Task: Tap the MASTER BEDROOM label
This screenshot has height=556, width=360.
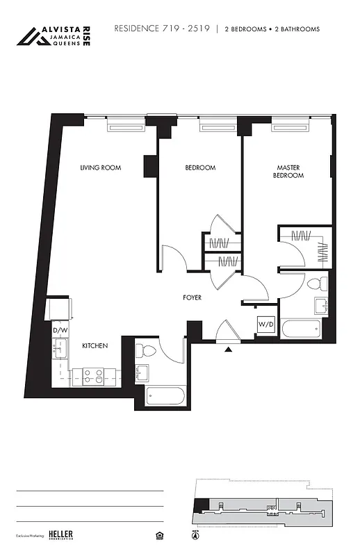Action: point(289,172)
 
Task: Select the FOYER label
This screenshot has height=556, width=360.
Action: point(193,297)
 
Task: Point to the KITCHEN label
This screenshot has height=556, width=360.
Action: point(95,345)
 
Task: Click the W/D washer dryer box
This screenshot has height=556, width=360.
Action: point(265,325)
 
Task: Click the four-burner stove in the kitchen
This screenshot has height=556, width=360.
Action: point(94,377)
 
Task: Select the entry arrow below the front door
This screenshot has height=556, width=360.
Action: point(228,350)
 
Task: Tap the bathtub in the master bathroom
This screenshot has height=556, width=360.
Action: point(303,329)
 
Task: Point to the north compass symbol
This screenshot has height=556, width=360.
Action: point(194,536)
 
